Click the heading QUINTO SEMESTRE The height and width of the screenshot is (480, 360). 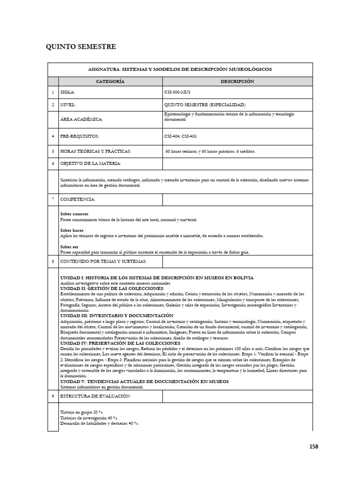pos(80,47)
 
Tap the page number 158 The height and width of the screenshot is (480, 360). pos(314,446)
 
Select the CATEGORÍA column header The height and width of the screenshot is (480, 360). pos(110,82)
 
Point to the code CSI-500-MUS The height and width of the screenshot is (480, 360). pos(179,93)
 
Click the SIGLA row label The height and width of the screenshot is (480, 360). pos(68,93)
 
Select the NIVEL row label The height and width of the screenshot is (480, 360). pos(68,105)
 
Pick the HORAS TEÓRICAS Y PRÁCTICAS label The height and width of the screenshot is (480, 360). pos(95,151)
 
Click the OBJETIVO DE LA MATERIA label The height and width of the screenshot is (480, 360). pos(90,163)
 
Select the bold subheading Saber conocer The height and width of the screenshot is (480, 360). pos(74,214)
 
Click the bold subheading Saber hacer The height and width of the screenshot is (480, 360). pos(72,230)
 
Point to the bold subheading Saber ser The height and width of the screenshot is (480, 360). pos(69,247)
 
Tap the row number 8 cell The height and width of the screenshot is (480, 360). pos(53,261)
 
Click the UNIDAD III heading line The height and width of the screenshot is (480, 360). pos(117,315)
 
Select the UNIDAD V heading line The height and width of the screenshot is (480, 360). pos(144,382)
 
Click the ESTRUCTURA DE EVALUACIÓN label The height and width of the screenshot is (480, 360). pos(95,396)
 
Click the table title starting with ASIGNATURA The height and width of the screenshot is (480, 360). pos(180,69)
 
